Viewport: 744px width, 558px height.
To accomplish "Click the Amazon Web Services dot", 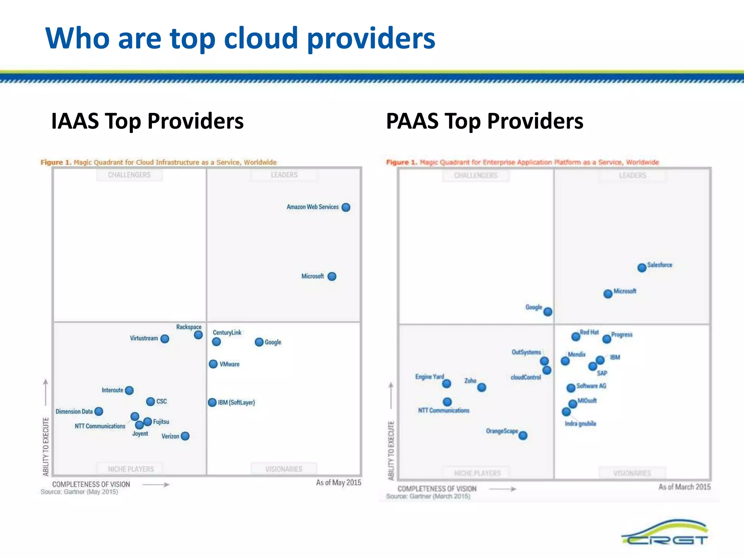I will coord(346,207).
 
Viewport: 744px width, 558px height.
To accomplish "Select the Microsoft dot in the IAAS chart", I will coord(332,276).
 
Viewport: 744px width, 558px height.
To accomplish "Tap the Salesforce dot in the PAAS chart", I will coord(642,267).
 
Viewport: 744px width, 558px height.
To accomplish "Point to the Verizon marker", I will coord(185,436).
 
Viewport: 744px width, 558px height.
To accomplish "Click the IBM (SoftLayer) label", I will coord(236,403).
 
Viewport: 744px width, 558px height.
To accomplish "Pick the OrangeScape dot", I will coord(523,435).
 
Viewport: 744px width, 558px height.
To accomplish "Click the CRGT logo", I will coord(664,533).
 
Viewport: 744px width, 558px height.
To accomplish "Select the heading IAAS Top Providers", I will coord(147,121).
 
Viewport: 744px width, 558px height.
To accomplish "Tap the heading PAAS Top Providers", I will coord(484,121).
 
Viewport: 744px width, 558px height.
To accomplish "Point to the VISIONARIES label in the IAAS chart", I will coord(284,469).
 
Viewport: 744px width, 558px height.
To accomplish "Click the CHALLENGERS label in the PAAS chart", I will coord(476,176).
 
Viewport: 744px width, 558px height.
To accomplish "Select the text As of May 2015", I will coord(338,482).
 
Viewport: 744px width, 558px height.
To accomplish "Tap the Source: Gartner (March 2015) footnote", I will coord(428,496).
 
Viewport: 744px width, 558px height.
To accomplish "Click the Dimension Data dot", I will coord(99,411).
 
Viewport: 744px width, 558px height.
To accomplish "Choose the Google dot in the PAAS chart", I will coord(548,311).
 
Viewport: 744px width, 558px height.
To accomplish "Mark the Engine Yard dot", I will coord(446,383).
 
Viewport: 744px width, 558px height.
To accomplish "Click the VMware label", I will coord(229,364).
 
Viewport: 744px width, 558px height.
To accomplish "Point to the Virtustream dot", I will coord(165,339).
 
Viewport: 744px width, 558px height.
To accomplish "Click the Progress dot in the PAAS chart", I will coord(606,339).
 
